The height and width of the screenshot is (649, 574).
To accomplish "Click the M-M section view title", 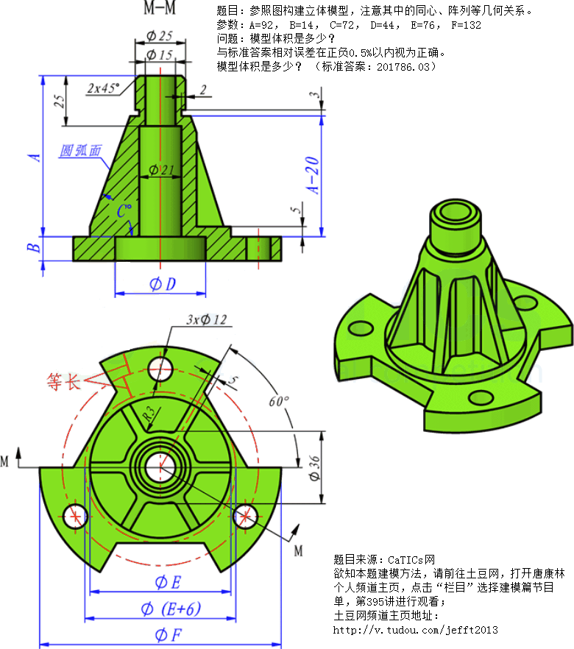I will (x=159, y=10).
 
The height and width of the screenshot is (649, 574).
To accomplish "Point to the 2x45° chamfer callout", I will (x=104, y=88).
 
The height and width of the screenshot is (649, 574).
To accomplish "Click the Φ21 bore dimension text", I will (x=162, y=170).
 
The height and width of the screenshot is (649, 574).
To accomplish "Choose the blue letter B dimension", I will (x=32, y=248).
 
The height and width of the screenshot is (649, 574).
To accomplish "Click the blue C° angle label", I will (x=124, y=211).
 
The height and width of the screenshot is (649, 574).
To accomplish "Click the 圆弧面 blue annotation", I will (x=80, y=151).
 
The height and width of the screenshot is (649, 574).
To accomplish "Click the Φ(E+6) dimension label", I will (x=170, y=609).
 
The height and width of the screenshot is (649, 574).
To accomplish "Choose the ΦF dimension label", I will (x=169, y=634).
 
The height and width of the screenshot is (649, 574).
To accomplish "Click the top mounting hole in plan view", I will (x=160, y=366).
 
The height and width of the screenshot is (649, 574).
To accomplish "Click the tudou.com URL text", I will (x=416, y=630).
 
